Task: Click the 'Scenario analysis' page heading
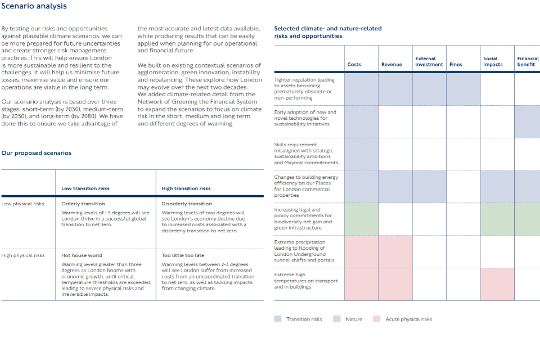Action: coord(34,6)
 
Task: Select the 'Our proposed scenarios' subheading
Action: coord(36,153)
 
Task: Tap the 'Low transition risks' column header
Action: coord(85,188)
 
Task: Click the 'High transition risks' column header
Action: coord(186,188)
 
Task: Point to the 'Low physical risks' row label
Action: coord(22,204)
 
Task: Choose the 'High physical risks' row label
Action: coord(23,255)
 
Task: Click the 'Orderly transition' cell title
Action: coord(83,204)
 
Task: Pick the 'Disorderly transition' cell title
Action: coord(187,204)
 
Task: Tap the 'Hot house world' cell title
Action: coord(82,255)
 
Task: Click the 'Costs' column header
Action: coord(354,65)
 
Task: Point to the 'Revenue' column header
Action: coord(391,65)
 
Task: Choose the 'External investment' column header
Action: coord(429,61)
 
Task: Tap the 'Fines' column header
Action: coord(456,65)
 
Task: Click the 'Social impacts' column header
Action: coord(493,61)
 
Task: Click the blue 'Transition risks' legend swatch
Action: coord(278,319)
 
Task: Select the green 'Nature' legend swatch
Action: coord(337,319)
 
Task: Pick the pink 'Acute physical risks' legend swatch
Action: coord(377,319)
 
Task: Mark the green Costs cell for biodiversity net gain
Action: coord(361,219)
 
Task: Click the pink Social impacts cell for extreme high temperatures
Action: coord(497,283)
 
